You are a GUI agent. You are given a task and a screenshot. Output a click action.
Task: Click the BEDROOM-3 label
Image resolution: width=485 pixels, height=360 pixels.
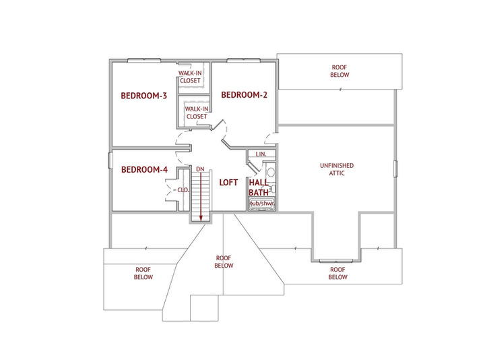tap(144, 96)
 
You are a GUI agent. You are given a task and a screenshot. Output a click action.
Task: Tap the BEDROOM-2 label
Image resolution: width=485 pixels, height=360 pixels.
tap(244, 95)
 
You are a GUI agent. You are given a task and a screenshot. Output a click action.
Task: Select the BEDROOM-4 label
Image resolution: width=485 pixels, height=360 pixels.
tap(144, 170)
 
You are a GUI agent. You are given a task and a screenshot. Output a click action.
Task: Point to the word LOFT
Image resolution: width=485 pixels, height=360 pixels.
tap(228, 182)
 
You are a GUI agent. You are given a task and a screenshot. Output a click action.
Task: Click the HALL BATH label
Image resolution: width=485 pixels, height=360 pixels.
tap(259, 187)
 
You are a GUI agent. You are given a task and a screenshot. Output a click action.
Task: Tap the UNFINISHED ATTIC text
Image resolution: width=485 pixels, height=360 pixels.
tap(337, 169)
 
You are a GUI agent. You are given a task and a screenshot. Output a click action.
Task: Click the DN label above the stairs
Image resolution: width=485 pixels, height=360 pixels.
tap(200, 169)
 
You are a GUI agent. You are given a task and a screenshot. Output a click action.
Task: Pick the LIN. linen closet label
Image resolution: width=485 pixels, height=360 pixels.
tap(261, 154)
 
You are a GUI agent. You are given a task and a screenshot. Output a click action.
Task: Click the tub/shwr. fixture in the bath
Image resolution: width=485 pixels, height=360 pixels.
tap(262, 204)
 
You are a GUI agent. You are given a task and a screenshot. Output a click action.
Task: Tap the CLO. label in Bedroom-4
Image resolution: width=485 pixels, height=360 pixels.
tap(183, 189)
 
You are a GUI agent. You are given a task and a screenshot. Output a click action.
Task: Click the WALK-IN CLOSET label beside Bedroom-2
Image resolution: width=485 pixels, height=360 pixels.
tap(197, 113)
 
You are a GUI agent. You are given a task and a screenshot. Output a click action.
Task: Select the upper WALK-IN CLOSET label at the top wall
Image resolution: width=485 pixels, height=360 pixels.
tap(190, 77)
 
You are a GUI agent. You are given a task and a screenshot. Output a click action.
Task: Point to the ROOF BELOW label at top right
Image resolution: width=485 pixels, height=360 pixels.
tap(339, 71)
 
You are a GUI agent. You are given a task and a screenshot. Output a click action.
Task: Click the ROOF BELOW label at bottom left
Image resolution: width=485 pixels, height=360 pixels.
tap(143, 273)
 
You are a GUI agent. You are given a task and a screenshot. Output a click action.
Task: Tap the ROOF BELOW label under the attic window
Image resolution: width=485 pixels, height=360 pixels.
tap(337, 273)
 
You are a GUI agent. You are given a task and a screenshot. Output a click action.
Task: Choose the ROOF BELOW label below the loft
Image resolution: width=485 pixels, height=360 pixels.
tap(224, 262)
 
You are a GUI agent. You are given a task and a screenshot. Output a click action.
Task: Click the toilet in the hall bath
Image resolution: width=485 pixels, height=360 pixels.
tap(271, 173)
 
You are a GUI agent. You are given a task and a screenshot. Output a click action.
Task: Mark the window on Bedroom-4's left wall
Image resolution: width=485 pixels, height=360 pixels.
tap(110, 160)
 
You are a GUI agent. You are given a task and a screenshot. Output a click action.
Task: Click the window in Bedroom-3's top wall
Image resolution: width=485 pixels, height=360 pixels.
tap(144, 61)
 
